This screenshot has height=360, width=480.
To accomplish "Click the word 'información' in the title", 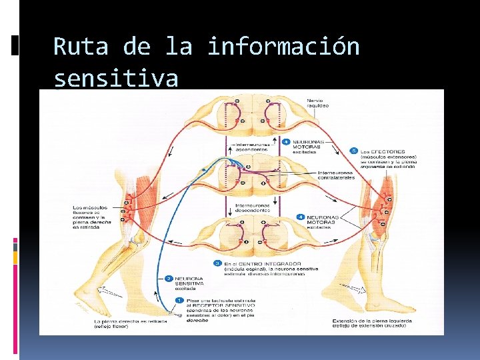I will click(x=283, y=47).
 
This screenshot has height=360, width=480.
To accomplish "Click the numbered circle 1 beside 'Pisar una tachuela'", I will click(x=179, y=301).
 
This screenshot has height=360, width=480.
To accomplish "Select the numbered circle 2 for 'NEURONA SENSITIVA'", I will click(x=169, y=278).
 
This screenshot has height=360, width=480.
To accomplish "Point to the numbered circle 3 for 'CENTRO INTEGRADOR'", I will click(x=217, y=263).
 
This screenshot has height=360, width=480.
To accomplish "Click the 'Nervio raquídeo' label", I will click(x=318, y=103).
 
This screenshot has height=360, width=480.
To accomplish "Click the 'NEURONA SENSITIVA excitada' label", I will click(x=193, y=283).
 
